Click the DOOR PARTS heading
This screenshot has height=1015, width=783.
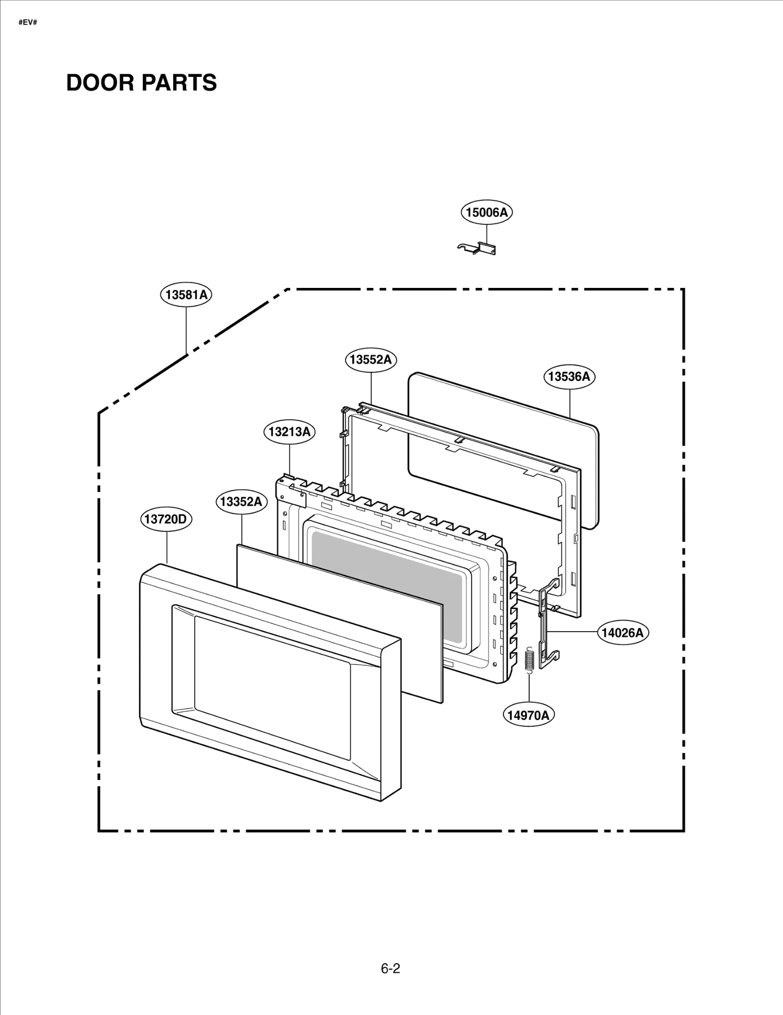(x=141, y=83)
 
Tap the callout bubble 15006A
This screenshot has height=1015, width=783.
(x=486, y=212)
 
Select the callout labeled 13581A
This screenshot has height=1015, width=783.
(x=186, y=295)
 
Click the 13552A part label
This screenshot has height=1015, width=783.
(x=371, y=359)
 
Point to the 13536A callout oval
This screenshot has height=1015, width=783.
(x=569, y=377)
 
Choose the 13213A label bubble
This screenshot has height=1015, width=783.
(x=290, y=432)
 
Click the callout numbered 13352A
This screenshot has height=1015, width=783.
(x=241, y=501)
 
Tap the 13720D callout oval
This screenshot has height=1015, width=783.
(x=166, y=519)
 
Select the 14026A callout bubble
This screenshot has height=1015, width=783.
(x=622, y=633)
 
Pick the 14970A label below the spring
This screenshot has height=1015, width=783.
(x=528, y=715)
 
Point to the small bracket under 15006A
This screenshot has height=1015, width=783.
(x=477, y=249)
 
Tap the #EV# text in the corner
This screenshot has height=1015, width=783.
(x=28, y=23)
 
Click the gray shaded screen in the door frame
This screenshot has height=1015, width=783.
(x=387, y=585)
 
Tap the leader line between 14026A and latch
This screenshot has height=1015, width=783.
(x=573, y=632)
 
